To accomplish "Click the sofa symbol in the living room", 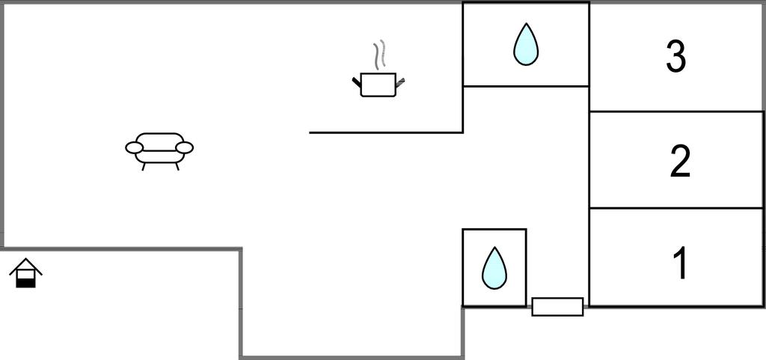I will pos(159,147).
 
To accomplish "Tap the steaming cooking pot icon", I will pos(378,84).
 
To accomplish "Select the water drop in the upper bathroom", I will pos(526,44).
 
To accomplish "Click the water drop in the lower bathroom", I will pos(494,268).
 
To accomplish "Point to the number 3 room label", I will pos(675,57).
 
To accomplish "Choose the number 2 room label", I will pos(679,161).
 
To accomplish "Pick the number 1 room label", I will pos(680,263).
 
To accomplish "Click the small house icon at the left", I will pos(25,273).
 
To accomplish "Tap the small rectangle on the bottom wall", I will pos(557,306).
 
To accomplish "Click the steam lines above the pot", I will pos(380,55).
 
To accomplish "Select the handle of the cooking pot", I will pos(400,82).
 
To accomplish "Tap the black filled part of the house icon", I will pos(25,281).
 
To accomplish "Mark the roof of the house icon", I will pos(25,265).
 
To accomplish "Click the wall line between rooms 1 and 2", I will pos(676,208).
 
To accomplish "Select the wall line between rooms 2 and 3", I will pos(676,112).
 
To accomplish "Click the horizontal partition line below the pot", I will pos(386,132).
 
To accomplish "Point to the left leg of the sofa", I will pos(143,166).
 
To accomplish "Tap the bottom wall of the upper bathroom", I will pos(526,86).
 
